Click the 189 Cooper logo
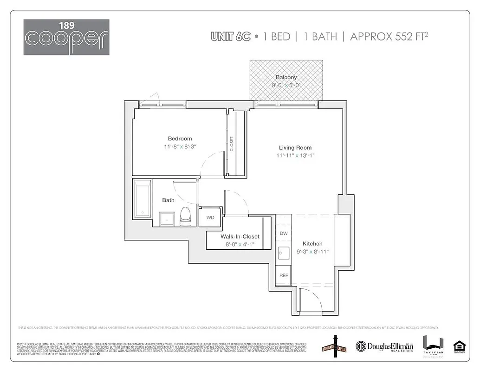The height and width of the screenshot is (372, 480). pyautogui.click(x=66, y=37)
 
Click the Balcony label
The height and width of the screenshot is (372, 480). pyautogui.click(x=286, y=77)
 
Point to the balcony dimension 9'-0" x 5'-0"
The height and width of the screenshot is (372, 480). pyautogui.click(x=286, y=85)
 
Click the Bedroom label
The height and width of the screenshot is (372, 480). pyautogui.click(x=180, y=139)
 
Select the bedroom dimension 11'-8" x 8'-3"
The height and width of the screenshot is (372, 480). pyautogui.click(x=180, y=147)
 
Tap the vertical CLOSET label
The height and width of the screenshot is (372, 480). pyautogui.click(x=232, y=143)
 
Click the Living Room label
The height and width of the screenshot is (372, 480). pyautogui.click(x=295, y=147)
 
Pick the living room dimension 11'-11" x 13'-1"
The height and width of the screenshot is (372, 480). pyautogui.click(x=295, y=156)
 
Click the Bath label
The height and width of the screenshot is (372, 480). pyautogui.click(x=168, y=200)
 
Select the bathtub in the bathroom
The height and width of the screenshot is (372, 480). pyautogui.click(x=142, y=199)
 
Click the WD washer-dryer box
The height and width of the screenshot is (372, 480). pyautogui.click(x=210, y=218)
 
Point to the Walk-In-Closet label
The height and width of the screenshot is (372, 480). pyautogui.click(x=240, y=237)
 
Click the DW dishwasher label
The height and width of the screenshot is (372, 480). pyautogui.click(x=283, y=233)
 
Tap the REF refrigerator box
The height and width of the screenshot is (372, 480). pyautogui.click(x=283, y=275)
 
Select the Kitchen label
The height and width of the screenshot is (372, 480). pyautogui.click(x=312, y=244)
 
